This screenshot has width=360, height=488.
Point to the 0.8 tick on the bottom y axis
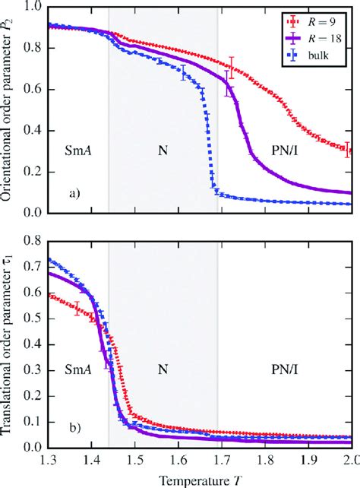point(31,242)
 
